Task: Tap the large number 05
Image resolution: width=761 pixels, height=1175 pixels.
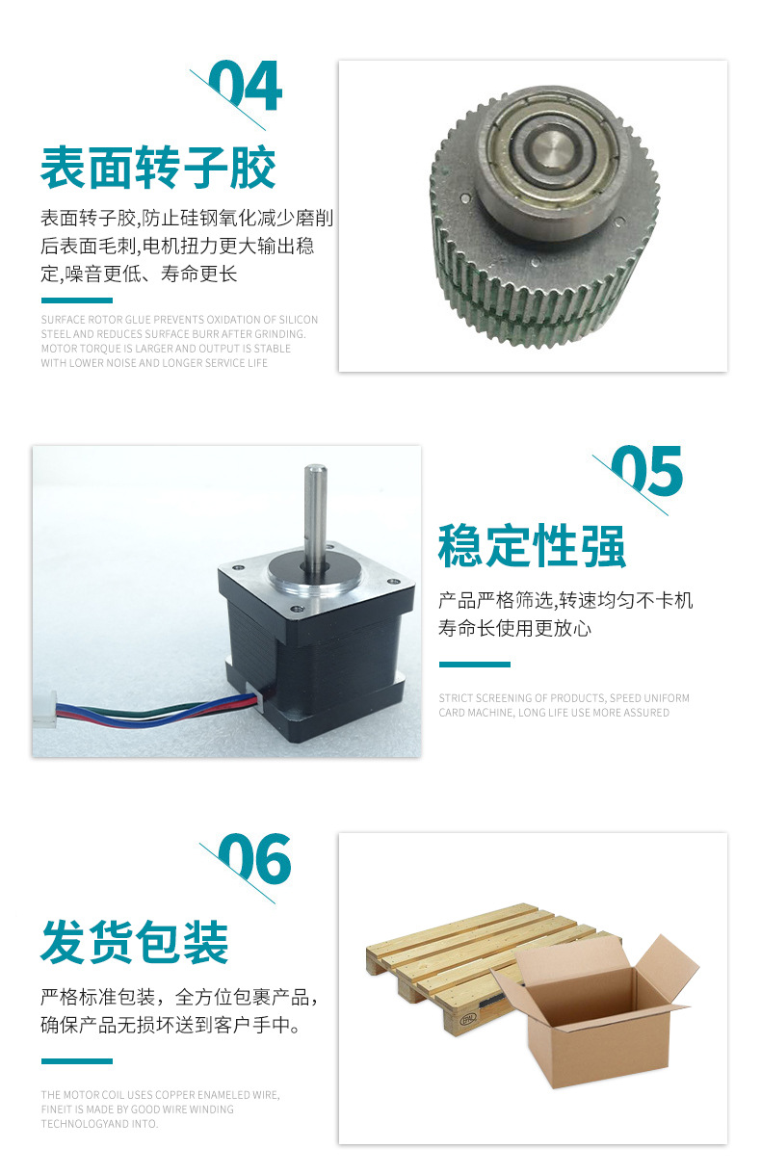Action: pos(647,471)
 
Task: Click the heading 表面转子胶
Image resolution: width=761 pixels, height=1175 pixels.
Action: pos(158,168)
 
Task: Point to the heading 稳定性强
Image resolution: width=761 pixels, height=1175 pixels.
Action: pos(532,545)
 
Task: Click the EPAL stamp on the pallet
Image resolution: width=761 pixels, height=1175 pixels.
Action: pos(468,1020)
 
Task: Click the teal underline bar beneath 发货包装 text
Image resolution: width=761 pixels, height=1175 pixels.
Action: pos(77,1061)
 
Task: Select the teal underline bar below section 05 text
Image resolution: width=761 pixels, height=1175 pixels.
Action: pos(475,665)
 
